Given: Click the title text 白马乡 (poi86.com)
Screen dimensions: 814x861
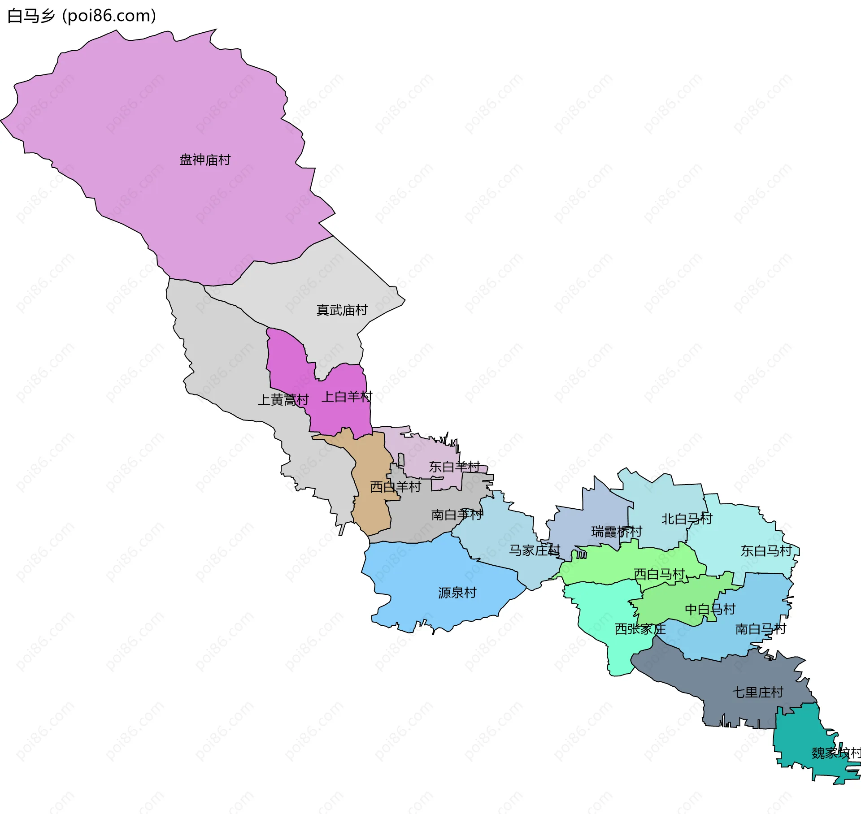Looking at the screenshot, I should coord(82,16).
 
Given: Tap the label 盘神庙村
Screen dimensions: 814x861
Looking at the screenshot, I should coord(205,160).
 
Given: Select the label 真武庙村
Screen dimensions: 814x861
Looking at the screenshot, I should coord(342,310).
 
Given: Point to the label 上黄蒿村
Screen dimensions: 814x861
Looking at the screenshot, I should coord(283,400).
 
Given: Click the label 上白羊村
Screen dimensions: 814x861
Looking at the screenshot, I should coord(347,397).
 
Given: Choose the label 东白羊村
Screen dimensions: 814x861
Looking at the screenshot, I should coord(454,467).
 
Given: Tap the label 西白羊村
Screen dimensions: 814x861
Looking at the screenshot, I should coord(396,487).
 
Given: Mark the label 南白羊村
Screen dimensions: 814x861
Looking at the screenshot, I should coord(457,515).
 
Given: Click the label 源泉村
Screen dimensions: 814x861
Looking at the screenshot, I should coord(457,593).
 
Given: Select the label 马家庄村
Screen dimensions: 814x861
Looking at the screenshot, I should coord(534,550).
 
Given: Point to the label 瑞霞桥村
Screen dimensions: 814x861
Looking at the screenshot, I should coord(617,532).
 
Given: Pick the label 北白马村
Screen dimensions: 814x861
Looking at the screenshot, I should coord(687,519).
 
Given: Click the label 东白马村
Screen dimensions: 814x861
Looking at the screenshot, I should coord(766,550).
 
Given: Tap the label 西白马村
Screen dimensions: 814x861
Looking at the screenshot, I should coord(659,574).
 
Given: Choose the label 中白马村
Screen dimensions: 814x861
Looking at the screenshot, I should coord(710,609).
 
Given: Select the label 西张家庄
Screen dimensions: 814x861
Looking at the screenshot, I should coord(640,629).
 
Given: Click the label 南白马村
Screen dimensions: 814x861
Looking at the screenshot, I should coord(761,629).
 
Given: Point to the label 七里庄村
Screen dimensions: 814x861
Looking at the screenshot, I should coord(757,692).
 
